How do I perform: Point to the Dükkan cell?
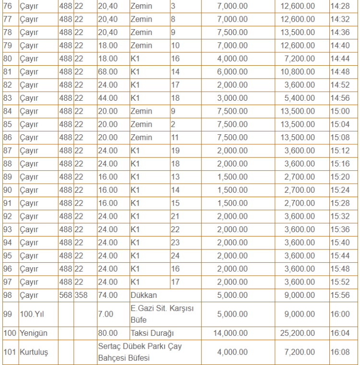(x=144, y=294)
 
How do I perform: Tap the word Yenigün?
(x=35, y=332)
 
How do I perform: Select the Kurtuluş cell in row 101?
(x=35, y=352)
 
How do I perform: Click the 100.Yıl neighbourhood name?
(x=33, y=313)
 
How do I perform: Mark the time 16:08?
(x=339, y=352)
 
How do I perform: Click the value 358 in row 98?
(x=81, y=294)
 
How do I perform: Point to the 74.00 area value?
(x=108, y=294)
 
